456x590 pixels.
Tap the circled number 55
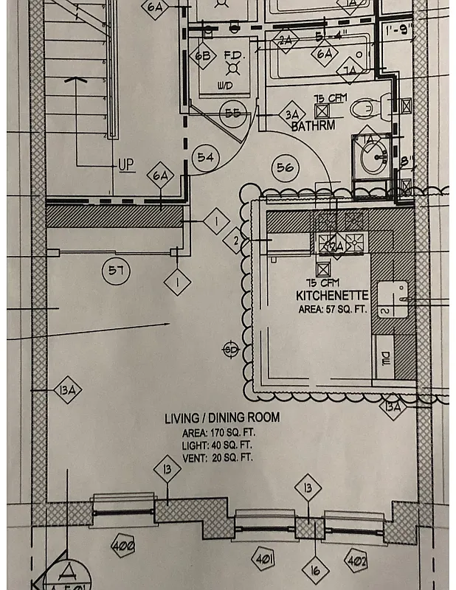click(x=233, y=113)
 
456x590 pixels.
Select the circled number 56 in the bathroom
click(x=285, y=167)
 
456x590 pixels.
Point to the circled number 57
click(x=114, y=271)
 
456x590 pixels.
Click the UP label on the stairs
click(x=126, y=164)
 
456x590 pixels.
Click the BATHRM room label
click(x=313, y=126)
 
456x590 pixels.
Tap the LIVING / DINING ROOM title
click(x=221, y=418)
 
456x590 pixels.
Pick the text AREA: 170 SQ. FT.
click(x=217, y=433)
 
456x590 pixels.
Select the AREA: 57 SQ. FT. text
click(x=332, y=309)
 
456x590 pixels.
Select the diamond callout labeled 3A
click(x=291, y=114)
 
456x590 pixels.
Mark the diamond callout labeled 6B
click(x=203, y=55)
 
